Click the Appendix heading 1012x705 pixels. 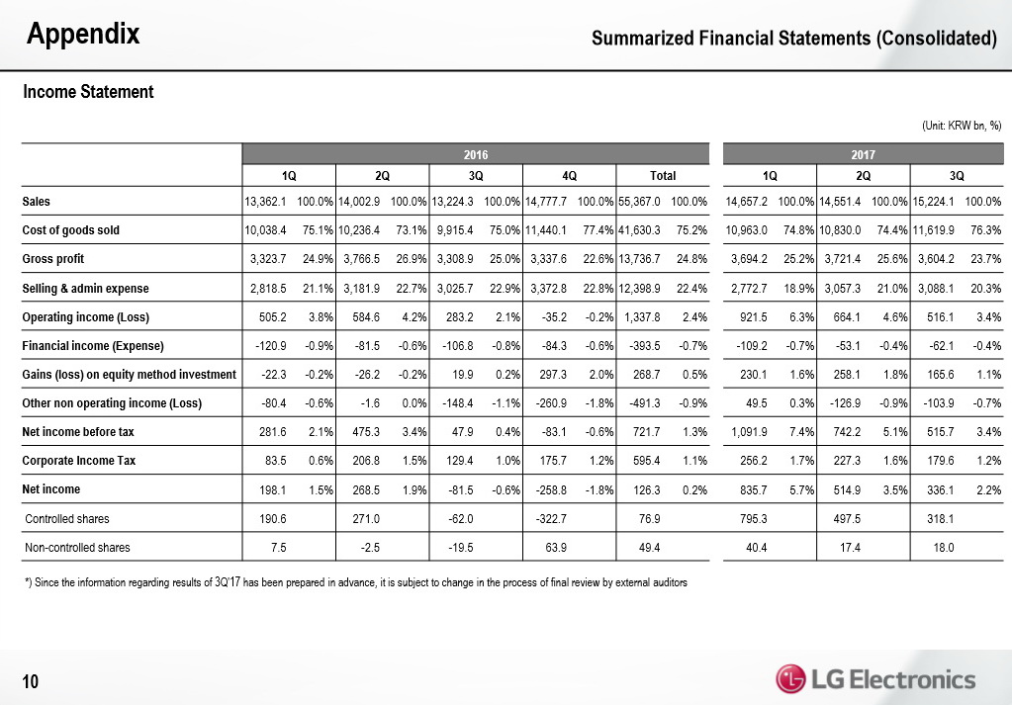pos(83,36)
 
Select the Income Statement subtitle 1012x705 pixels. pos(88,92)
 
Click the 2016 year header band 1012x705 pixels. pos(476,154)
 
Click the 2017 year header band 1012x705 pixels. pos(865,154)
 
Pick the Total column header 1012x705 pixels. pos(662,176)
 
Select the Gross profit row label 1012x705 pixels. pos(53,259)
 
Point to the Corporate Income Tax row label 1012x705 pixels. pos(79,461)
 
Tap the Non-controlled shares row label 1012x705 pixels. pos(76,547)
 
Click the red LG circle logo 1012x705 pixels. pos(790,679)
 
